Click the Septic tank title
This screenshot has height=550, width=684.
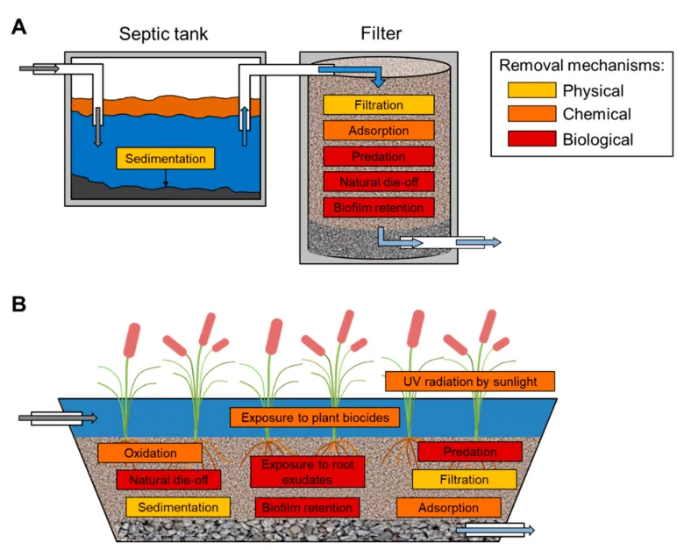(x=164, y=34)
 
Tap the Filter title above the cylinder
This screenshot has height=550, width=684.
(x=381, y=33)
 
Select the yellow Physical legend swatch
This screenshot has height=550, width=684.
(x=531, y=90)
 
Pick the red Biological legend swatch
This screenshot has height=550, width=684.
(x=531, y=139)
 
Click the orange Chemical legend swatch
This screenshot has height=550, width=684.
(x=531, y=113)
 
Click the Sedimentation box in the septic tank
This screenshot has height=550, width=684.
(x=166, y=159)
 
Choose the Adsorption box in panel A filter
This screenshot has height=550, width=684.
(x=379, y=131)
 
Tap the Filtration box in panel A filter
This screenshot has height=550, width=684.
(x=379, y=104)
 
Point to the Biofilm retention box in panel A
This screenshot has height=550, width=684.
(x=379, y=207)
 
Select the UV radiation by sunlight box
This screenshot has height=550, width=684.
(x=470, y=382)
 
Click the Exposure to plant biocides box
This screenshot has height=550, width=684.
(x=315, y=418)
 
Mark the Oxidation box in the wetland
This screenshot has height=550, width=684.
(x=150, y=453)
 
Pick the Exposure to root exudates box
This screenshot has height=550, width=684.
(x=308, y=472)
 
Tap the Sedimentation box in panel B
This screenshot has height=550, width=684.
(x=178, y=507)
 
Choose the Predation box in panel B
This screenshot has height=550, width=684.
(x=470, y=452)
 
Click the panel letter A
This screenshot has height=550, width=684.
(x=18, y=27)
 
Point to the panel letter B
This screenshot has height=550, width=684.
(x=18, y=304)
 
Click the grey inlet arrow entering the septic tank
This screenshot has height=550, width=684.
(x=39, y=68)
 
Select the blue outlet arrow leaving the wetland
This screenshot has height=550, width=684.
(x=495, y=531)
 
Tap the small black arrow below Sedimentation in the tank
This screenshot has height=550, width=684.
(x=166, y=178)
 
